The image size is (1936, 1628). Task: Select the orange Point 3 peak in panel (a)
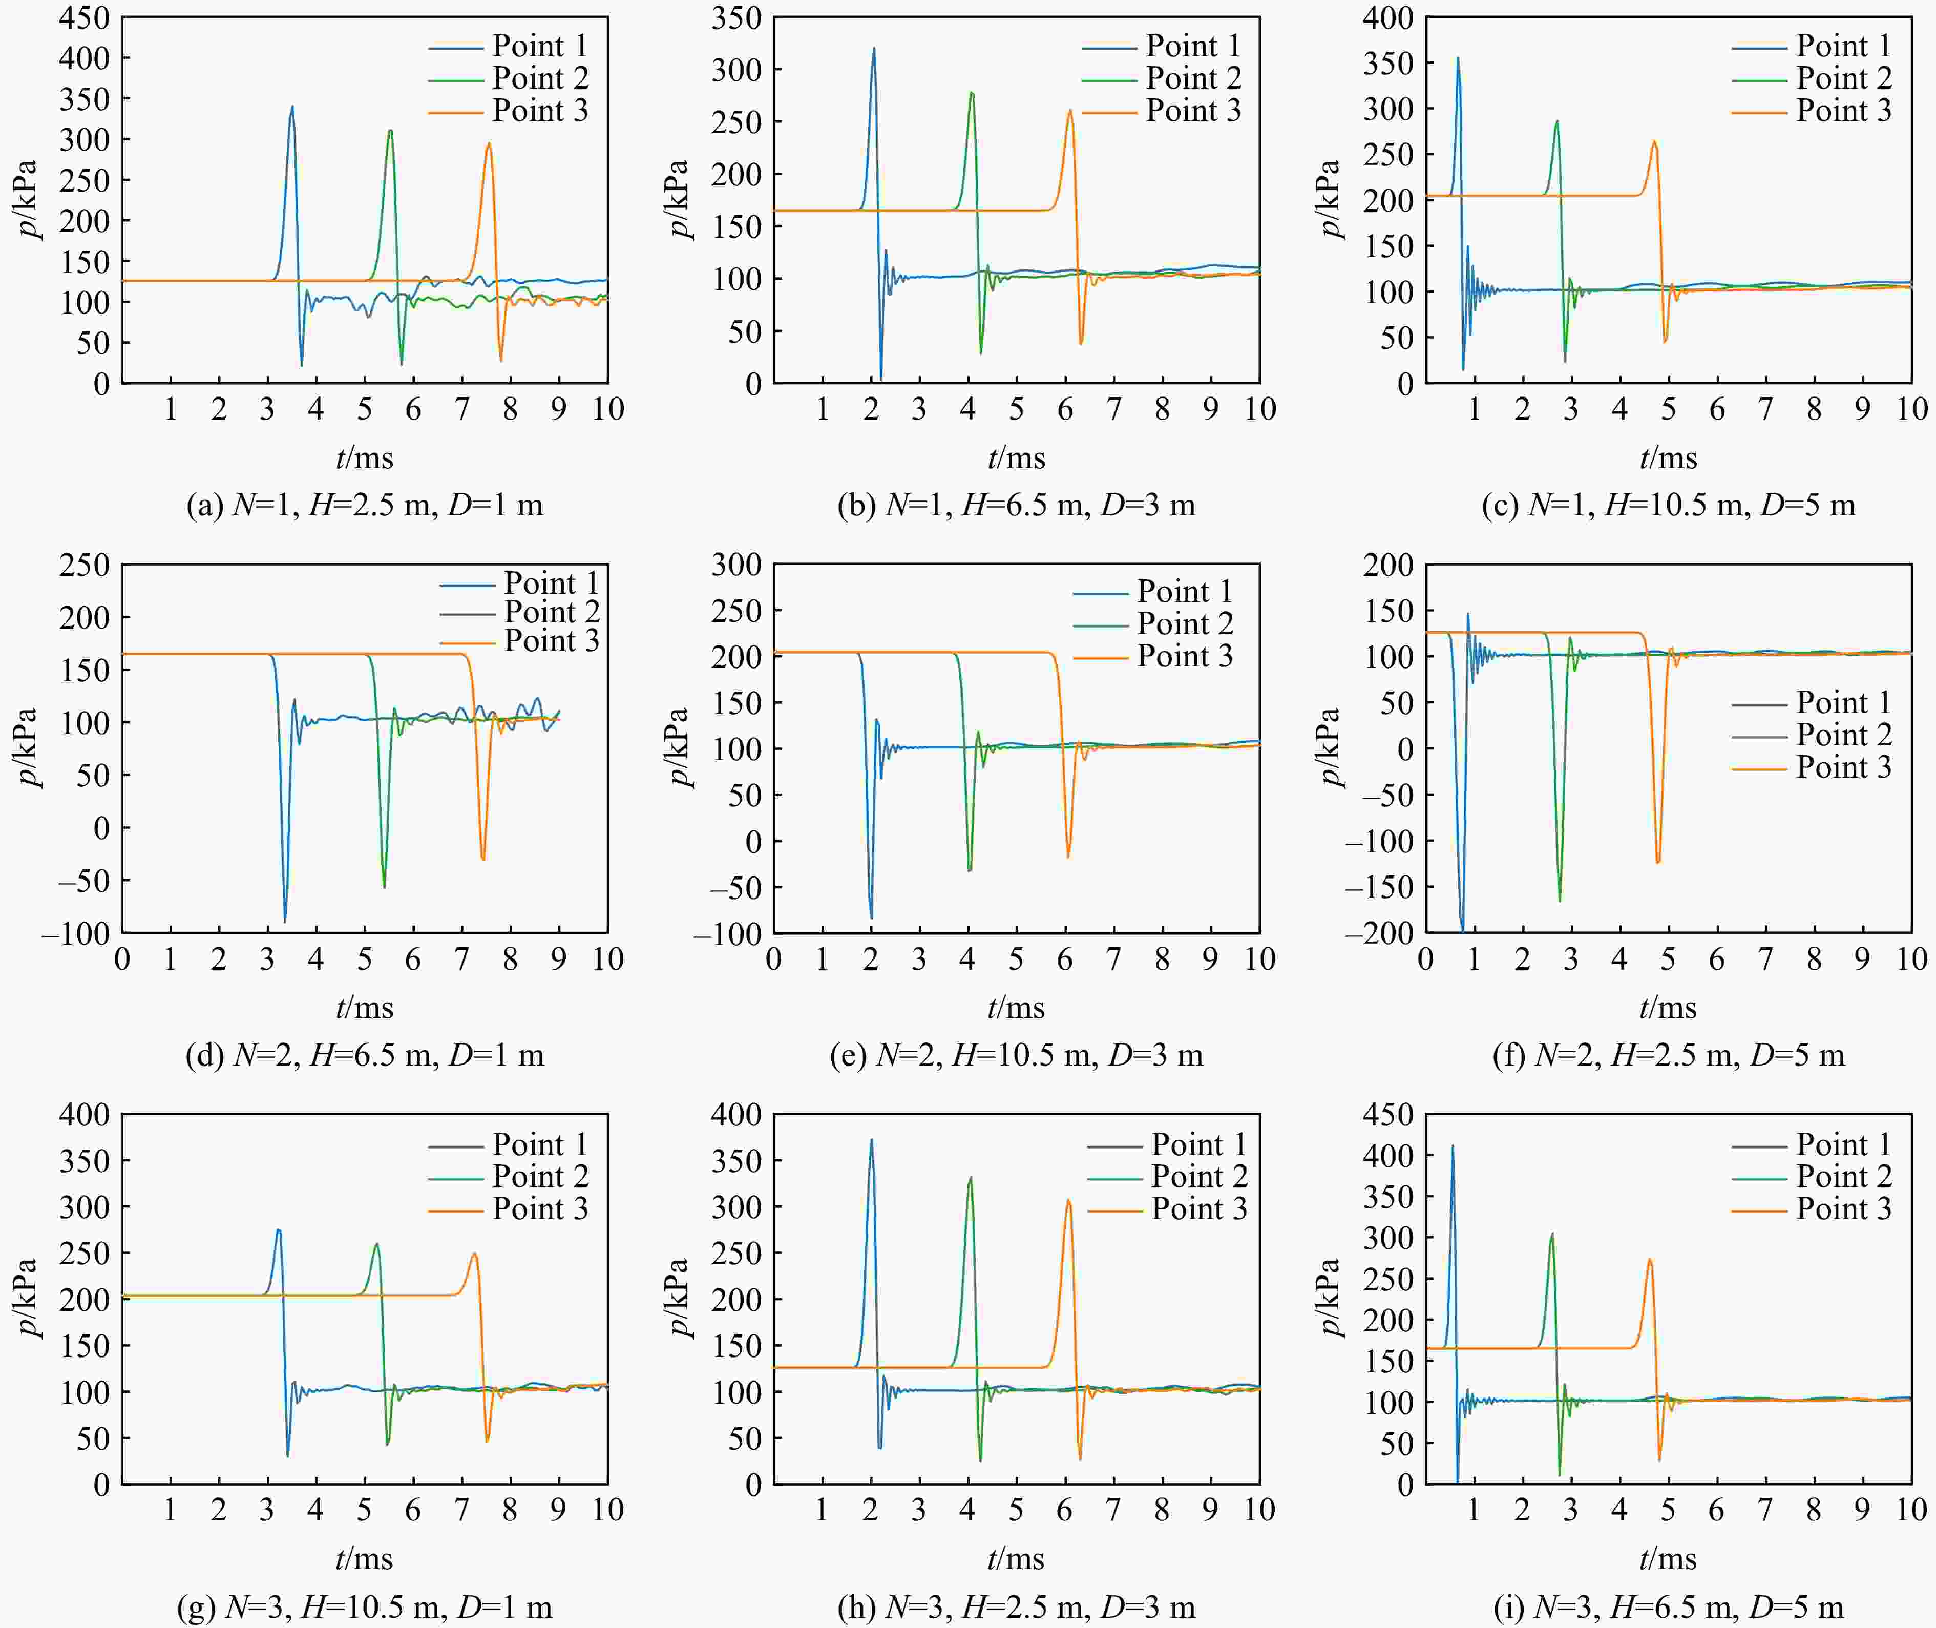click(x=489, y=144)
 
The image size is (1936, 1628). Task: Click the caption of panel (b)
click(x=1016, y=505)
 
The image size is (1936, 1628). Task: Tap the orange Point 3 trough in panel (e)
click(x=1068, y=857)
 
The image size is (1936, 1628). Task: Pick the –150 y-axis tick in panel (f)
click(x=1379, y=887)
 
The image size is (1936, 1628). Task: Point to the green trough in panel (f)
click(x=1560, y=900)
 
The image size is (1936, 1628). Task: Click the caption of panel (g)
click(x=365, y=1607)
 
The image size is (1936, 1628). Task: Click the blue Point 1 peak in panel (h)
click(x=871, y=1141)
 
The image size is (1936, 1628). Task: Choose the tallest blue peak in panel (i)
click(x=1453, y=1146)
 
